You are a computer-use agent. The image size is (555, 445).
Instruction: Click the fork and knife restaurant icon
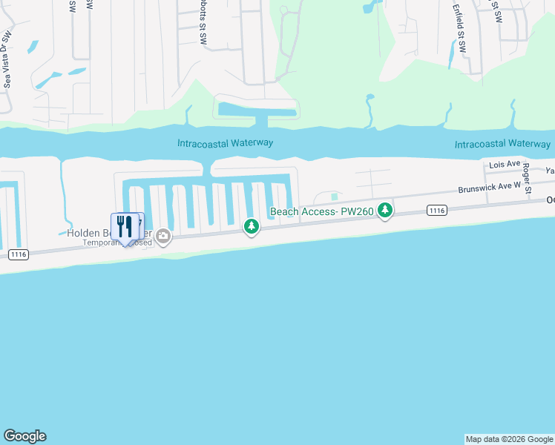(125, 227)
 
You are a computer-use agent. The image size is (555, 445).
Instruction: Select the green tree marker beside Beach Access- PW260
(384, 211)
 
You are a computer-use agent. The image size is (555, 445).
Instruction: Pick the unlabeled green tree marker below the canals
(252, 226)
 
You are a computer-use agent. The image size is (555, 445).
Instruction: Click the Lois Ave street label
(501, 165)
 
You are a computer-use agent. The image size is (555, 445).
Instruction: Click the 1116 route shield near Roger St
(437, 211)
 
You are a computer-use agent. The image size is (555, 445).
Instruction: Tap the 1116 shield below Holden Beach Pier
(19, 254)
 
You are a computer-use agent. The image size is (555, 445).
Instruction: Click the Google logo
(24, 436)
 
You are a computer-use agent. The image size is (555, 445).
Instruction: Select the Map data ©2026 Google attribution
(509, 439)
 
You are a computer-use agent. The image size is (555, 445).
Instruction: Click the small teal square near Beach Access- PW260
(335, 197)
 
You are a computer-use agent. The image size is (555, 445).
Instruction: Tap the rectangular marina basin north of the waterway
(256, 111)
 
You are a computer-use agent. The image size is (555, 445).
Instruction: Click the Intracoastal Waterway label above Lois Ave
(502, 144)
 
